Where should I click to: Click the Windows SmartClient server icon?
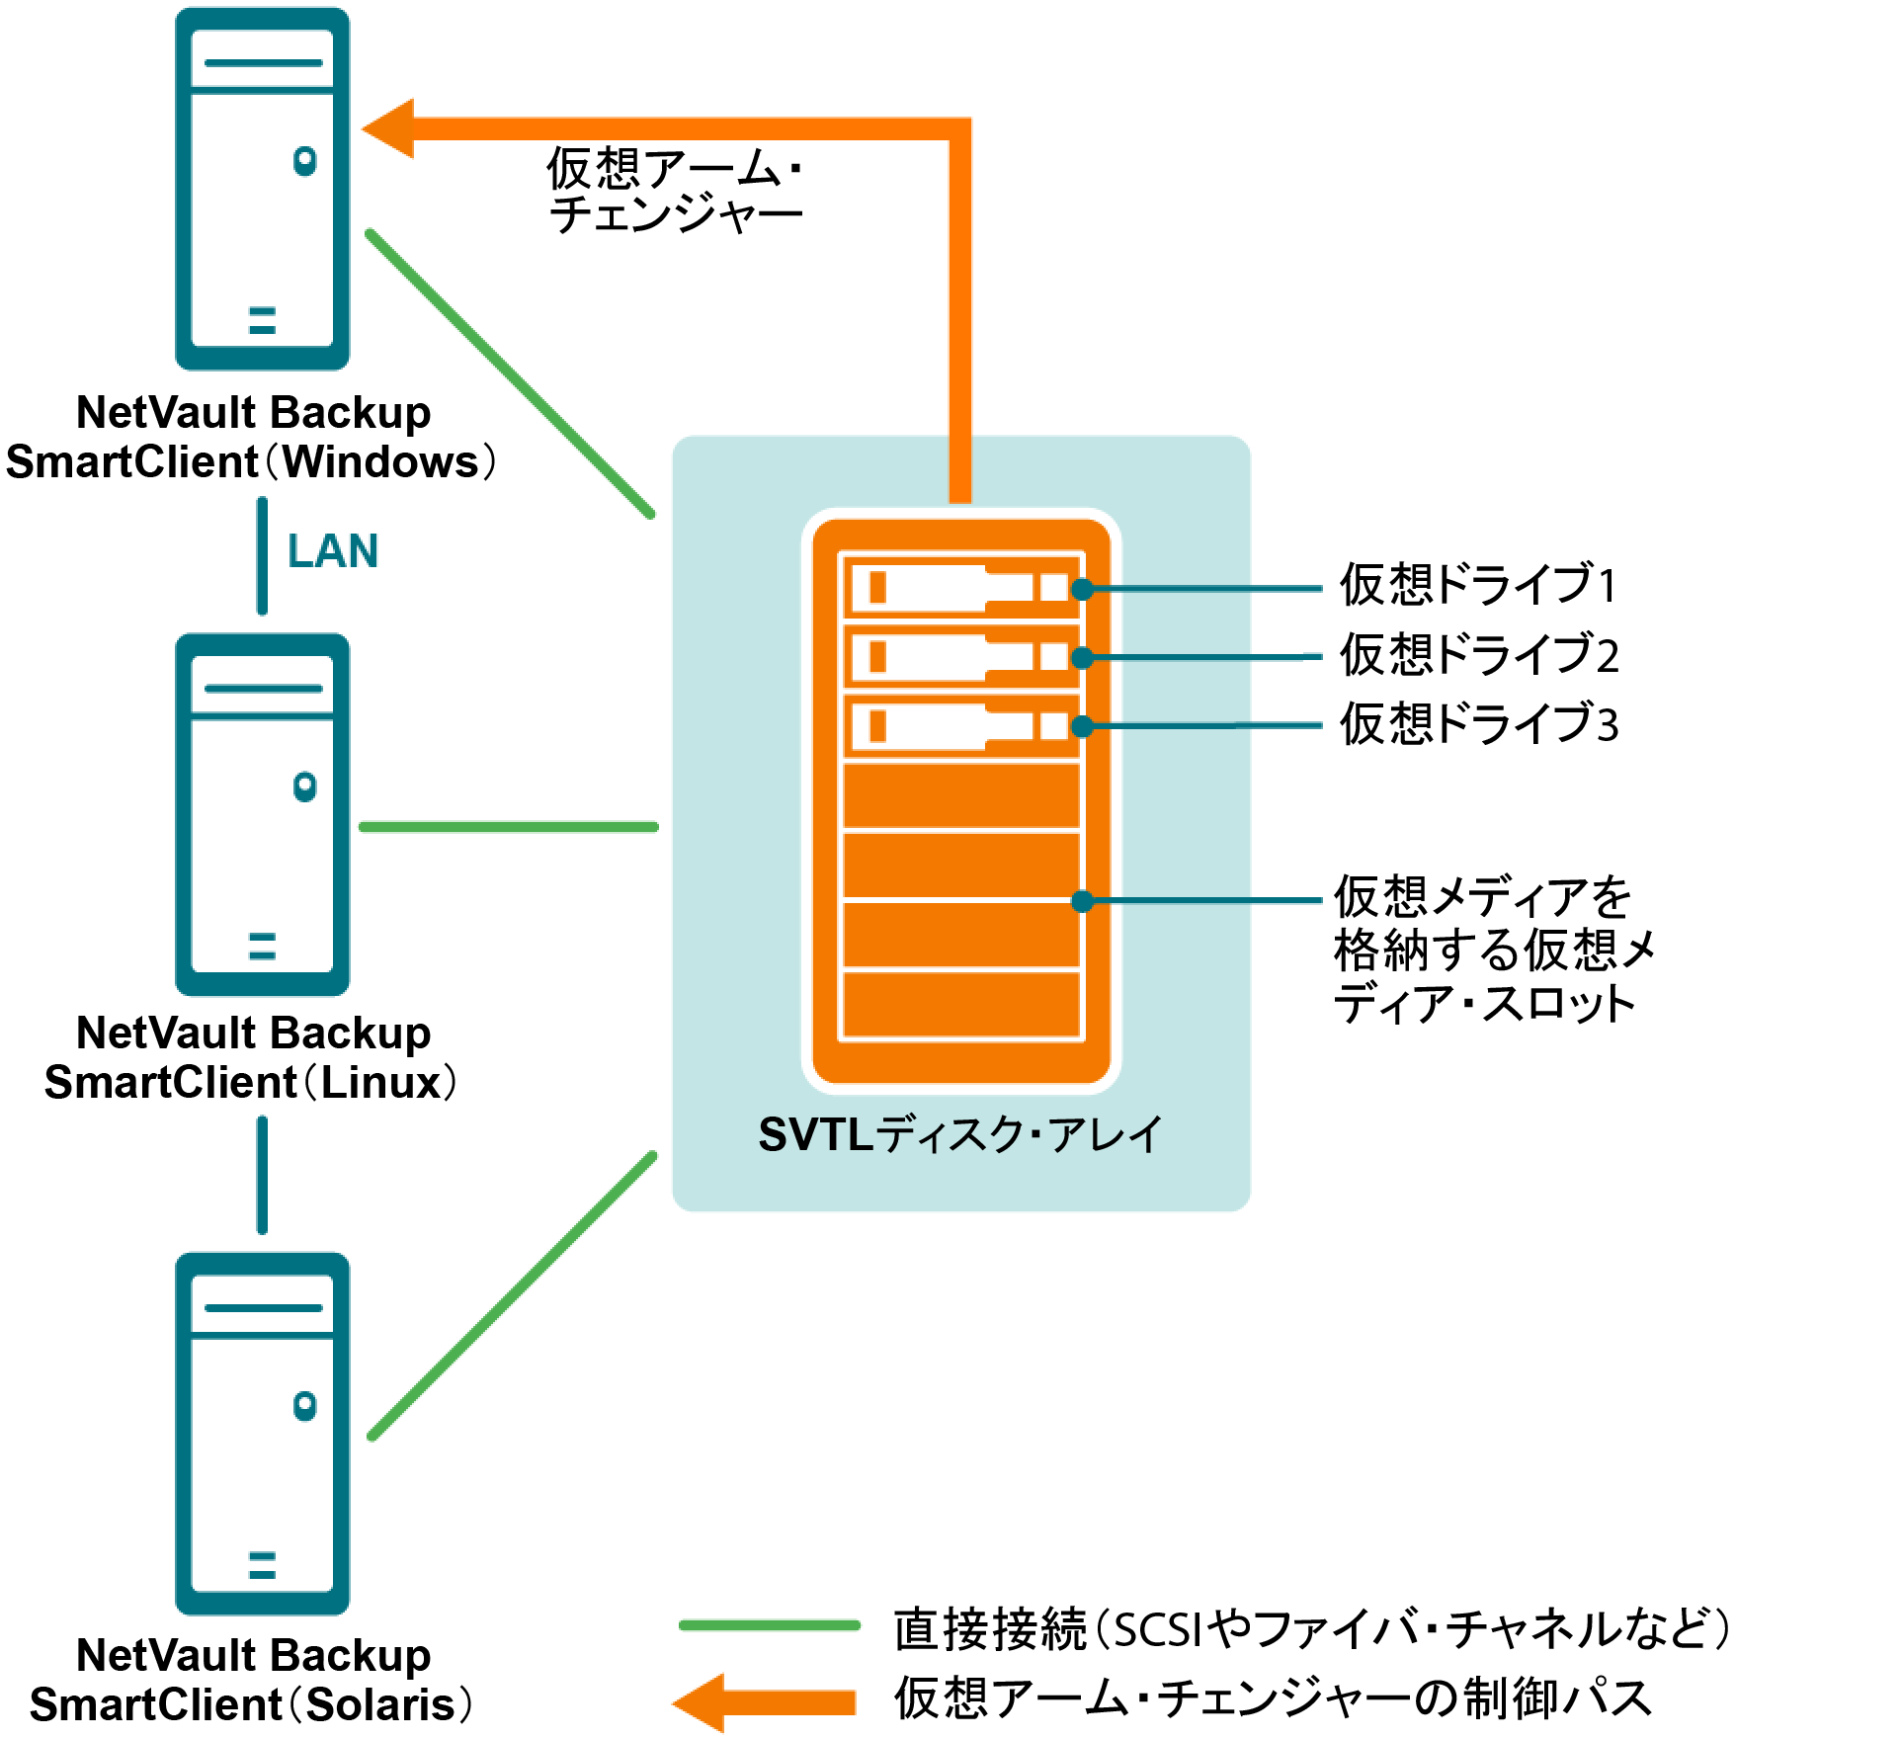(262, 189)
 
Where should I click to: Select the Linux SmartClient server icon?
(262, 814)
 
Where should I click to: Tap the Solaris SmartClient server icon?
(262, 1434)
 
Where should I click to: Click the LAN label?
(333, 551)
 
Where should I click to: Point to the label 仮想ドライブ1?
(1478, 584)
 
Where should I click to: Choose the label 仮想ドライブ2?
(1478, 654)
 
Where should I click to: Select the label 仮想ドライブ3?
(1478, 723)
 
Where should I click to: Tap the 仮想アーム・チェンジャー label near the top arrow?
(676, 191)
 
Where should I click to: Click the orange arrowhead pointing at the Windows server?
(390, 128)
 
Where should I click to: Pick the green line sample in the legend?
(770, 1625)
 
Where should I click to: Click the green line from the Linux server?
(509, 827)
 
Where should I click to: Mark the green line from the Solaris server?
(512, 1295)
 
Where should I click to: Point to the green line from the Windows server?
(510, 373)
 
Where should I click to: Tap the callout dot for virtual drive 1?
(1083, 589)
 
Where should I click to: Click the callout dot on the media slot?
(1083, 900)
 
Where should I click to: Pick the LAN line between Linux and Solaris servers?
(262, 1175)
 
